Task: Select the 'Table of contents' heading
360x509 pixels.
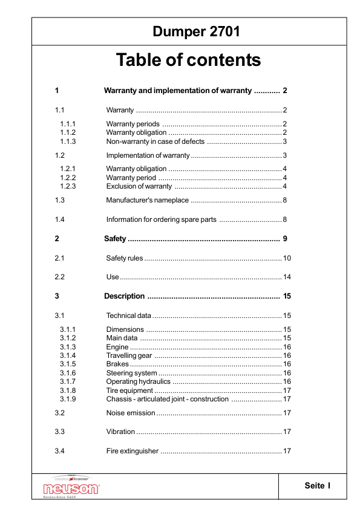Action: (188, 60)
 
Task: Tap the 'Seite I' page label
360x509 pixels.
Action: (318, 485)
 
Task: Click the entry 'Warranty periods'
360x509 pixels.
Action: (133, 124)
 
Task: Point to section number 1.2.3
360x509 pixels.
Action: (67, 186)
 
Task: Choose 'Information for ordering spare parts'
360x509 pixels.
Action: (162, 219)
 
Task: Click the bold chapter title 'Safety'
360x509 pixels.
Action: (115, 239)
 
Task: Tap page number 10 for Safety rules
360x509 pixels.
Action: (287, 258)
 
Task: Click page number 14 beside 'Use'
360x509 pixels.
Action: (287, 277)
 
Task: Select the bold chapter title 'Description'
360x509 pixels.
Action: (124, 296)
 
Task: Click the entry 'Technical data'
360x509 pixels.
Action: (128, 316)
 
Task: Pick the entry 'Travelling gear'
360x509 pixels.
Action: (129, 355)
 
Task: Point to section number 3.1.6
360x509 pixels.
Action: (67, 373)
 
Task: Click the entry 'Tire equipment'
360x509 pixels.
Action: (129, 391)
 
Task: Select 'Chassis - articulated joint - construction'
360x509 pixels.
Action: (167, 399)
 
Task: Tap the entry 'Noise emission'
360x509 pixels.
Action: (130, 413)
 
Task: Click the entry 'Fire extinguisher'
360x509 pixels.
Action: (132, 451)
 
